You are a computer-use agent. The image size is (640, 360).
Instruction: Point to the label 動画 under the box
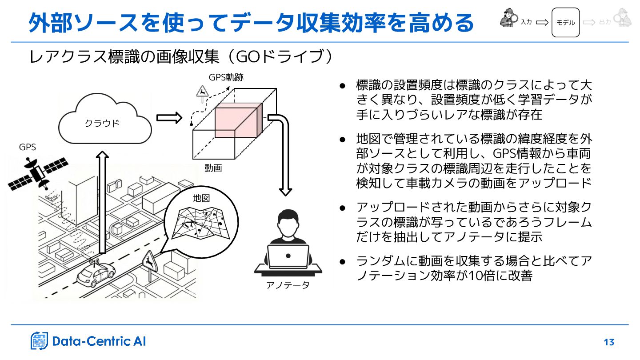(213, 168)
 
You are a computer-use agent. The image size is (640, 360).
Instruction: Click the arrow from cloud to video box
(169, 118)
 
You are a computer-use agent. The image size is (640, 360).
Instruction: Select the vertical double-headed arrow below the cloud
(103, 202)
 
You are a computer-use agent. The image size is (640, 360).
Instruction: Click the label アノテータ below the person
(288, 285)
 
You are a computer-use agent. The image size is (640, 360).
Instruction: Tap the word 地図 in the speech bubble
(201, 198)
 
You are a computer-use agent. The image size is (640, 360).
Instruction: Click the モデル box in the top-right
(565, 22)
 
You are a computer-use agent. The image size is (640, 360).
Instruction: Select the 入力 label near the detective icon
(526, 22)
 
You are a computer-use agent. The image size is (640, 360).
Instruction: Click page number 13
(609, 342)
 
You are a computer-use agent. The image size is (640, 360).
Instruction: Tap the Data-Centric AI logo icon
(39, 341)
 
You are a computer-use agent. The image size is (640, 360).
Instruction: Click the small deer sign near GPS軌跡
(202, 92)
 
